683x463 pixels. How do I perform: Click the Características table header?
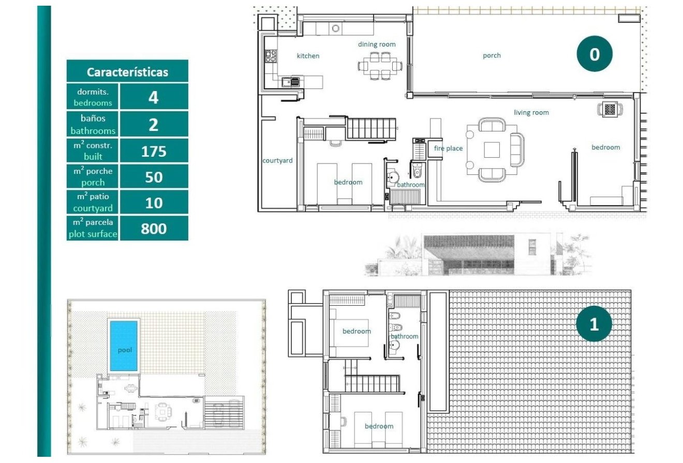point(127,72)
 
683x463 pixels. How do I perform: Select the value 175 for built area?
point(154,151)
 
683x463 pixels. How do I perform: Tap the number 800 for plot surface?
point(154,228)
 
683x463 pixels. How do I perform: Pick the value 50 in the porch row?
point(154,177)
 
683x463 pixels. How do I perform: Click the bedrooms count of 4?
point(154,97)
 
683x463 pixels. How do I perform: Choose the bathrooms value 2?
point(154,125)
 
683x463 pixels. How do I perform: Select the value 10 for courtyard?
point(154,203)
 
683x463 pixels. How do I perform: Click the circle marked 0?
point(595,54)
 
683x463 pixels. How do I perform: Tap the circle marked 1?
point(594,324)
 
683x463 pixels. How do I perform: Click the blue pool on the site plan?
point(124,345)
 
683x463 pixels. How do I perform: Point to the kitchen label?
point(308,56)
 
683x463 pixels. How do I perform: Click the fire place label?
point(448,148)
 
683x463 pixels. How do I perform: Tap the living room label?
point(531,112)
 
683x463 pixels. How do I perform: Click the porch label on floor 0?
point(492,55)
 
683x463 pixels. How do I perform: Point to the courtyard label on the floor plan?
point(277,160)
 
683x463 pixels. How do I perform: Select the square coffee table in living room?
point(492,150)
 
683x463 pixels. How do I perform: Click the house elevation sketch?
point(476,255)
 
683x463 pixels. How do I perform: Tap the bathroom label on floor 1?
point(404,336)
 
